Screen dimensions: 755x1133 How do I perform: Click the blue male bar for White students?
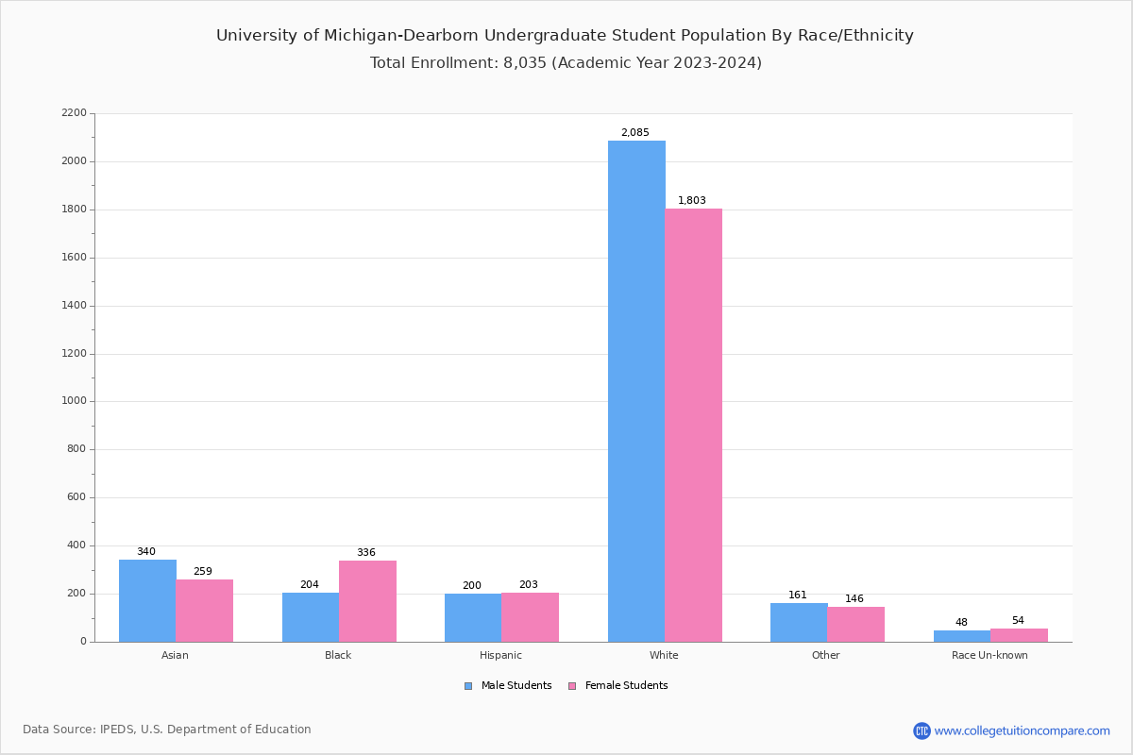coord(636,391)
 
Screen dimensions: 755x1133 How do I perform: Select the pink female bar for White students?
coord(693,425)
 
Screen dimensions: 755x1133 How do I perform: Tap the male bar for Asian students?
coord(147,600)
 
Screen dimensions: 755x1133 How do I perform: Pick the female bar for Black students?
coord(367,601)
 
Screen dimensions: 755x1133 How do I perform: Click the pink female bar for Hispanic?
coord(530,617)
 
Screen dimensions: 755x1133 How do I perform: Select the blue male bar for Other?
coord(799,622)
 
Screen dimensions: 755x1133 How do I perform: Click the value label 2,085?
coord(634,133)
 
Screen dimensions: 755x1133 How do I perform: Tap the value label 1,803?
coord(691,201)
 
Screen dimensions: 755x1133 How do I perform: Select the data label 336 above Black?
coord(365,553)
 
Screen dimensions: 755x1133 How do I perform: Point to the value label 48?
coord(961,623)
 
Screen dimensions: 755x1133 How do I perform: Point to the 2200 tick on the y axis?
coord(74,113)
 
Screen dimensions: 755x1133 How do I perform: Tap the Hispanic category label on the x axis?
coord(500,655)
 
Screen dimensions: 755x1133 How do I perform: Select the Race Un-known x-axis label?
coord(989,655)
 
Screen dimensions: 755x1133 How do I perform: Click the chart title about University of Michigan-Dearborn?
coord(565,36)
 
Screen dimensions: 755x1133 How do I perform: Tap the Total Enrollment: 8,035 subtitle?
coord(566,63)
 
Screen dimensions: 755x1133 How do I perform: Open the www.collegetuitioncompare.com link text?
coord(1022,730)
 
